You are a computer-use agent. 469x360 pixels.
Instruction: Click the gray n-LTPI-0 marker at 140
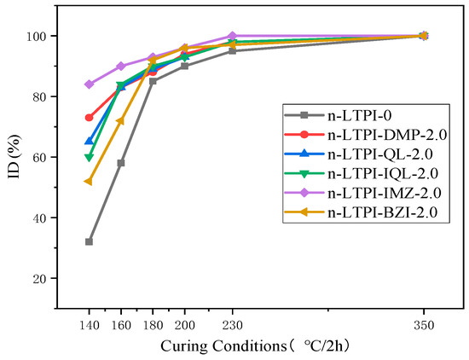click(x=89, y=241)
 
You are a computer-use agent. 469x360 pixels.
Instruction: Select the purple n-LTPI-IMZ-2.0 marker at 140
click(x=89, y=84)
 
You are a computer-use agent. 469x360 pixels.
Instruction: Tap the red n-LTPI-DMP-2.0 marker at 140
click(x=89, y=118)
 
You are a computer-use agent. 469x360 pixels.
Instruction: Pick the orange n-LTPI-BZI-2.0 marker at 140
click(x=89, y=181)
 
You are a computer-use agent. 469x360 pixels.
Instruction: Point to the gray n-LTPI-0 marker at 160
click(x=121, y=163)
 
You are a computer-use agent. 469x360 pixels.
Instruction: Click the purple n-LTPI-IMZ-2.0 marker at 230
click(x=233, y=36)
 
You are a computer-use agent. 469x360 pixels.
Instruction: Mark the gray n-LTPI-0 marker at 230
click(x=233, y=51)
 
